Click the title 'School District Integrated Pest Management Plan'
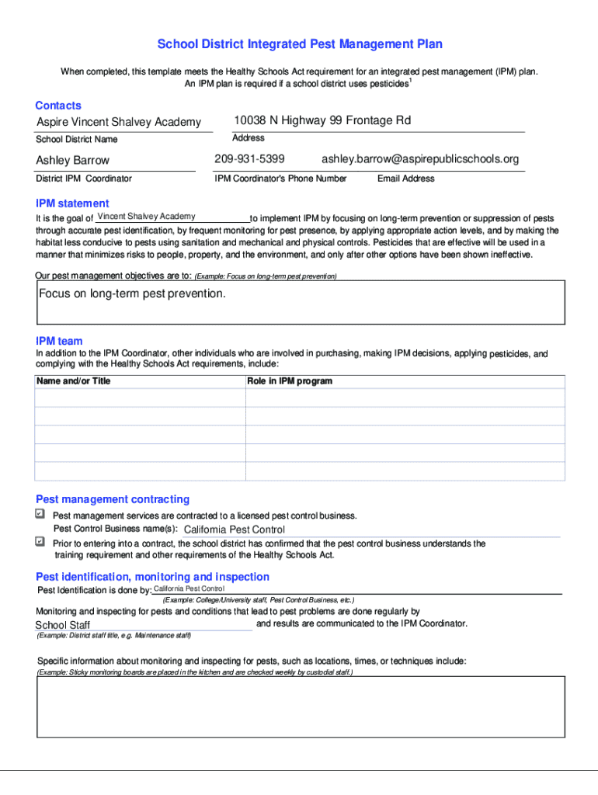pyautogui.click(x=300, y=44)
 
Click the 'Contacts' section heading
pyautogui.click(x=58, y=105)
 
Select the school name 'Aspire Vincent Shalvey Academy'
pyautogui.click(x=119, y=122)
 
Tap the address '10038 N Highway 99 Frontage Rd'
pyautogui.click(x=322, y=120)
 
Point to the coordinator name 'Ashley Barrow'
pyautogui.click(x=73, y=160)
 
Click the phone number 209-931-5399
pyautogui.click(x=249, y=159)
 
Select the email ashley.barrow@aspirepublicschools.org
pyautogui.click(x=420, y=159)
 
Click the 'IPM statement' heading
pyautogui.click(x=72, y=203)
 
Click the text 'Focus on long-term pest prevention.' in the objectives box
pyautogui.click(x=133, y=293)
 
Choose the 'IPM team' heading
pyautogui.click(x=59, y=341)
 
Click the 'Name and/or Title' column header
pyautogui.click(x=74, y=381)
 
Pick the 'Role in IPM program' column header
pyautogui.click(x=290, y=381)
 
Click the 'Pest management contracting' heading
pyautogui.click(x=113, y=499)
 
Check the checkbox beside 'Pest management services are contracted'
pyautogui.click(x=40, y=514)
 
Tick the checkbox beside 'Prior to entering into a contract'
pyautogui.click(x=40, y=541)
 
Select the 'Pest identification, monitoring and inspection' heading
pyautogui.click(x=153, y=577)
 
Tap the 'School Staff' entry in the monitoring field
pyautogui.click(x=63, y=625)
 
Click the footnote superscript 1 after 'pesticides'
pyautogui.click(x=411, y=80)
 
